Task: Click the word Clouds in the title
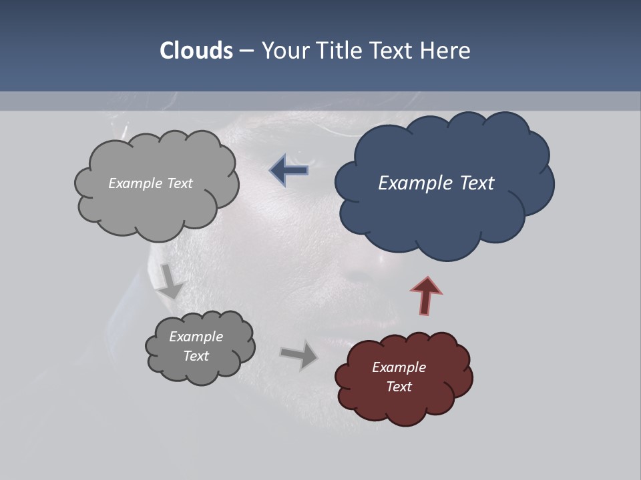pyautogui.click(x=196, y=51)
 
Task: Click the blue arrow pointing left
pyautogui.click(x=289, y=170)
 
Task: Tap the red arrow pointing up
pyautogui.click(x=426, y=294)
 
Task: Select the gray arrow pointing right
pyautogui.click(x=299, y=355)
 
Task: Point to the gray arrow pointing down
pyautogui.click(x=170, y=281)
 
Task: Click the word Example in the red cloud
pyautogui.click(x=399, y=367)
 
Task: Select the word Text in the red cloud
pyautogui.click(x=399, y=387)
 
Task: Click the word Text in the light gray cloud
pyautogui.click(x=179, y=183)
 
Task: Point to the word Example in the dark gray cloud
pyautogui.click(x=196, y=337)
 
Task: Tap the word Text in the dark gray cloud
pyautogui.click(x=196, y=356)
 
